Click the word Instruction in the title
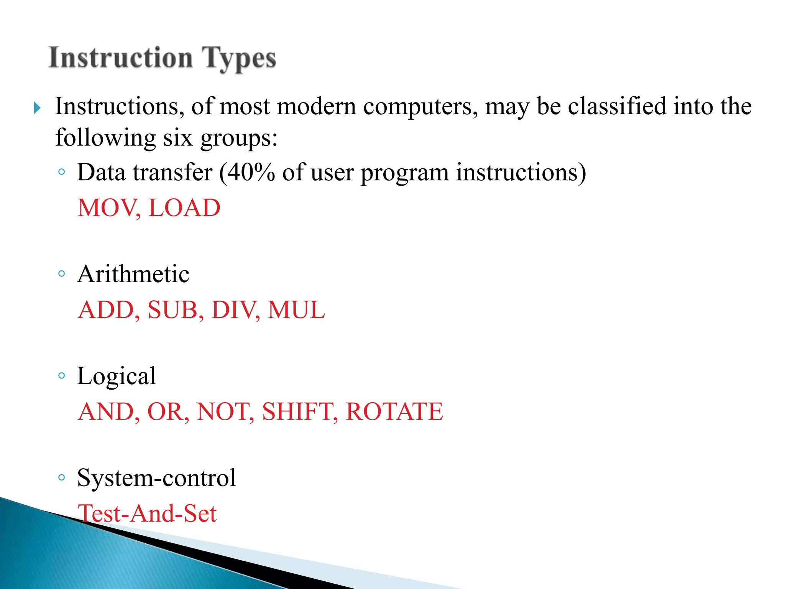pyautogui.click(x=121, y=58)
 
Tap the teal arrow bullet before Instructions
pyautogui.click(x=37, y=108)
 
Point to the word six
pyautogui.click(x=178, y=138)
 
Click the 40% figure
pyautogui.click(x=251, y=172)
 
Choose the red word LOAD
pyautogui.click(x=184, y=208)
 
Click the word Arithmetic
pyautogui.click(x=133, y=274)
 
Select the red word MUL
pyautogui.click(x=296, y=310)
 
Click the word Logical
pyautogui.click(x=117, y=376)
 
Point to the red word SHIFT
pyautogui.click(x=299, y=411)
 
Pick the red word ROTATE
pyautogui.click(x=394, y=411)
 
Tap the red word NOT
pyautogui.click(x=225, y=411)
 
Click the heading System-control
pyautogui.click(x=156, y=478)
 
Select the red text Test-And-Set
pyautogui.click(x=147, y=513)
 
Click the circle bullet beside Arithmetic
pyautogui.click(x=61, y=274)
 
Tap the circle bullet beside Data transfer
pyautogui.click(x=61, y=172)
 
